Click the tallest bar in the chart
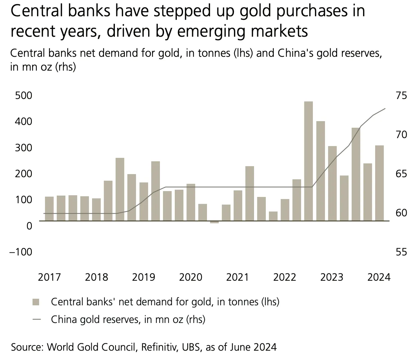point(308,161)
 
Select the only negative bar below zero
point(214,222)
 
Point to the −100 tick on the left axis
point(21,252)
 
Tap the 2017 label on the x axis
point(49,277)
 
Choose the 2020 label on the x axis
point(190,277)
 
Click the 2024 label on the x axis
point(379,277)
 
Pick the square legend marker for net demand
point(36,302)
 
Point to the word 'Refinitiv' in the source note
point(156,347)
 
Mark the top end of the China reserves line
point(385,109)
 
